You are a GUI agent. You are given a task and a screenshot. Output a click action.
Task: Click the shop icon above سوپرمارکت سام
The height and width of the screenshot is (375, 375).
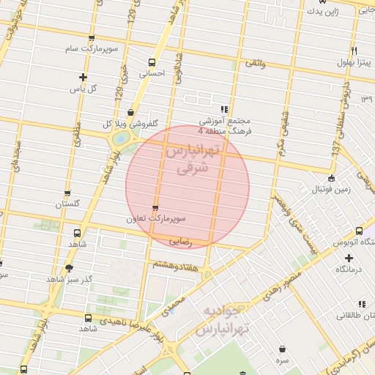point(91,38)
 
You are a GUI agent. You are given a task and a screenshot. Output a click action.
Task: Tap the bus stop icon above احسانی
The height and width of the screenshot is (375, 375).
point(152,62)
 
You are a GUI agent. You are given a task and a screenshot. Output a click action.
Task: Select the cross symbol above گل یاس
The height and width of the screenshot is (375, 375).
point(83,77)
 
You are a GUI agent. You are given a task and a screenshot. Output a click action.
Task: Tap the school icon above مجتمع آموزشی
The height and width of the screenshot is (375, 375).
point(224,109)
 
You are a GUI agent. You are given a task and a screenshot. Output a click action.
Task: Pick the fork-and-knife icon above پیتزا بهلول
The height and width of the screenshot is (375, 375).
point(354,51)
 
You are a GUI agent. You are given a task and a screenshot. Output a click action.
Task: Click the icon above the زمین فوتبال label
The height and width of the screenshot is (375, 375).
point(331,178)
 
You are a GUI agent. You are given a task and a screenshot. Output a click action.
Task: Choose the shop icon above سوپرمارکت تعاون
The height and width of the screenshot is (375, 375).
point(155,208)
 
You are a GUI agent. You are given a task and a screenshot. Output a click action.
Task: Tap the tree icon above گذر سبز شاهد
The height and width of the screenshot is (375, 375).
point(70,268)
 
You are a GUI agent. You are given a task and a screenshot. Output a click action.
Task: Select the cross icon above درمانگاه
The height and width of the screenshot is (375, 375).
point(349,258)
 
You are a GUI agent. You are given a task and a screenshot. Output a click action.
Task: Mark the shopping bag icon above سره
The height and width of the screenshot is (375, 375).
point(283,348)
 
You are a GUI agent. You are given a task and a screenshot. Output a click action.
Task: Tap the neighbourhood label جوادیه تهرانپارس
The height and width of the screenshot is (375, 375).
point(224,320)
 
